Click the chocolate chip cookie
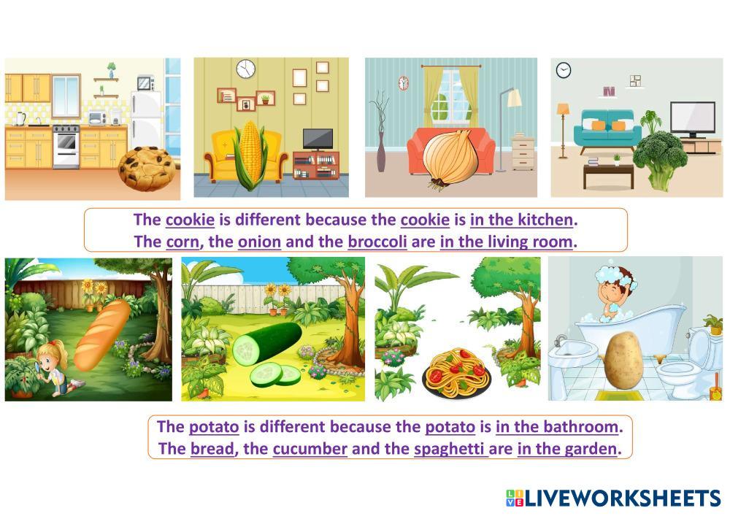click(147, 169)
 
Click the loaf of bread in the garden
click(102, 335)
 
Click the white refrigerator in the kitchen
click(146, 120)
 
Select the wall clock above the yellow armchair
click(245, 69)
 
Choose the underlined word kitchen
click(545, 220)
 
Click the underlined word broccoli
click(377, 242)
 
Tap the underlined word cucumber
click(310, 449)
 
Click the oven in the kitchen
click(66, 146)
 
